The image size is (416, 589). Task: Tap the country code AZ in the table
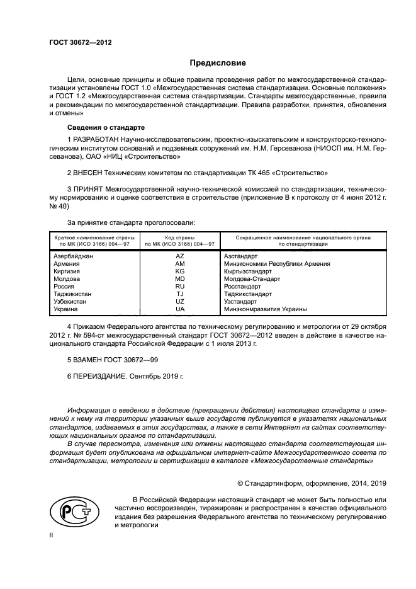(x=180, y=256)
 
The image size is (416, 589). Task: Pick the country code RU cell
(x=180, y=286)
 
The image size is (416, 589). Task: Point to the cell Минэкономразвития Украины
(x=265, y=309)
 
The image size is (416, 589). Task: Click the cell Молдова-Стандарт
(x=252, y=278)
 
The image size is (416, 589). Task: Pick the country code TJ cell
(x=180, y=294)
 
